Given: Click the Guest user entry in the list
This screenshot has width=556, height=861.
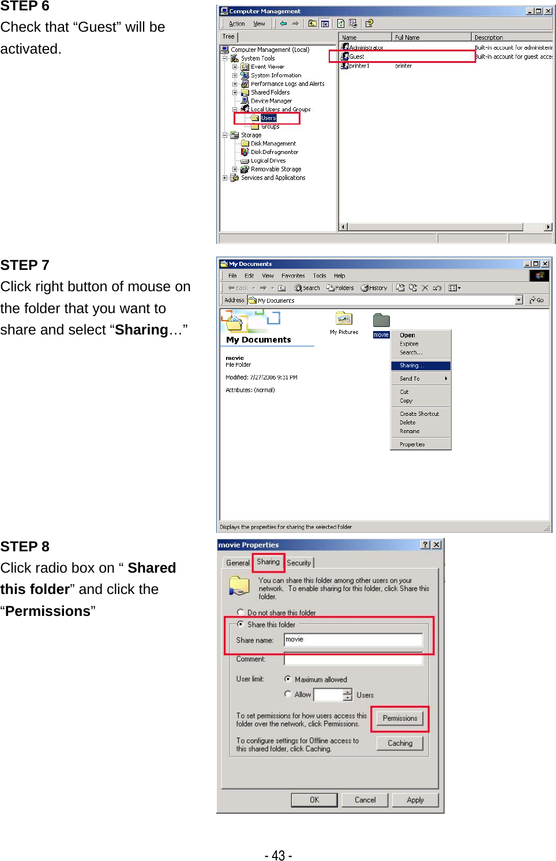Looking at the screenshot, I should (356, 57).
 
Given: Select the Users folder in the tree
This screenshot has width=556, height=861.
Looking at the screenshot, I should (268, 118).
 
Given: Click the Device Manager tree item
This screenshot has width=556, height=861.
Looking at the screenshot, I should (271, 101).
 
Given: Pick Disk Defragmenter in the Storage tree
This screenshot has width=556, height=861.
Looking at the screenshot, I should (275, 152).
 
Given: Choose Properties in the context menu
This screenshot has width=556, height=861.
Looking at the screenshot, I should (412, 445).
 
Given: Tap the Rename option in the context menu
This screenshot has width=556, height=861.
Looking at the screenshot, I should (410, 431).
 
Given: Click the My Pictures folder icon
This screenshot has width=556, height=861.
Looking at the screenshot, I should (344, 319).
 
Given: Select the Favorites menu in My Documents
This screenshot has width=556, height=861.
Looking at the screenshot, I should (293, 276).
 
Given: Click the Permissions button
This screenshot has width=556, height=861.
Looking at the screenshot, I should (400, 719).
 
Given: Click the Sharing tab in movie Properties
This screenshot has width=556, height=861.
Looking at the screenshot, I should (268, 562).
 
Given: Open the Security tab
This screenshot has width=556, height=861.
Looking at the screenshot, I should (299, 563).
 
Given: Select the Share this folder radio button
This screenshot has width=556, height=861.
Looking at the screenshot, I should (241, 624).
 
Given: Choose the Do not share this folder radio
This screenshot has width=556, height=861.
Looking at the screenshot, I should (241, 612).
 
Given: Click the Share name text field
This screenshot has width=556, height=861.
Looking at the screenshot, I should (353, 640).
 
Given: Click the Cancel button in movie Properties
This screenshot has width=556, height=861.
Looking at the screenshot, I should (365, 800).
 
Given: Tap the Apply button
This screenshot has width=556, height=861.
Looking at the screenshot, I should (415, 800).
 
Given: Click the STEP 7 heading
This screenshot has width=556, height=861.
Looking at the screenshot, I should (25, 265).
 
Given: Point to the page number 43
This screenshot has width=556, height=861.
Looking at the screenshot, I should (278, 855).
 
